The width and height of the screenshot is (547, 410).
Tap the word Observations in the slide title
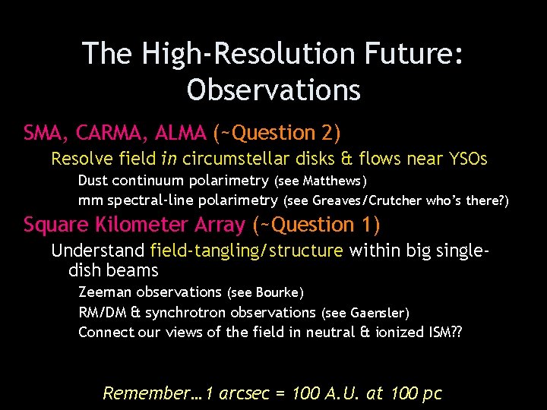pyautogui.click(x=273, y=90)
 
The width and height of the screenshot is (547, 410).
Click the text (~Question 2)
pyautogui.click(x=277, y=133)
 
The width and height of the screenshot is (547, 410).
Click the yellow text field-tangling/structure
pyautogui.click(x=247, y=251)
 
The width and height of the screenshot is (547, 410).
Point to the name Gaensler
pyautogui.click(x=378, y=313)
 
